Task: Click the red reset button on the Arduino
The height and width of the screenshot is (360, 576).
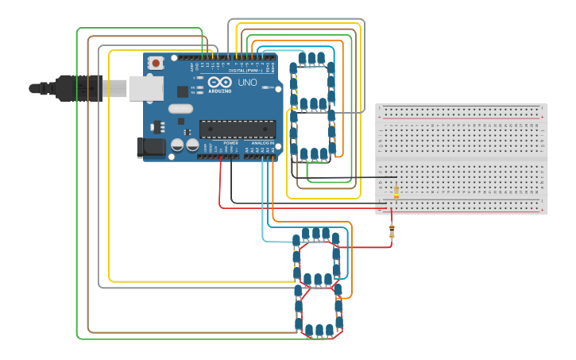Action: pyautogui.click(x=157, y=63)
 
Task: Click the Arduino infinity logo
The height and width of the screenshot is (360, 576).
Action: pyautogui.click(x=220, y=82)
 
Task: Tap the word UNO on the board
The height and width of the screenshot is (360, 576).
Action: pyautogui.click(x=247, y=82)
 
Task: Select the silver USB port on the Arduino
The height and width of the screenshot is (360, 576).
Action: pyautogui.click(x=146, y=88)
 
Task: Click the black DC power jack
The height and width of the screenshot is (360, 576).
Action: pyautogui.click(x=151, y=147)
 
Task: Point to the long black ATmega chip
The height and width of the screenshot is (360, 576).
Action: pyautogui.click(x=237, y=128)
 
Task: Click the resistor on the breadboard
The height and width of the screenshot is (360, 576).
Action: pyautogui.click(x=396, y=191)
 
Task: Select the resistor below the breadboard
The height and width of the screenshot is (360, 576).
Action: pyautogui.click(x=392, y=230)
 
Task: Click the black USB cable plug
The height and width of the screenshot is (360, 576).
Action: pyautogui.click(x=75, y=87)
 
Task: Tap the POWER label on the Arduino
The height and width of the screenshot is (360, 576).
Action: pyautogui.click(x=230, y=143)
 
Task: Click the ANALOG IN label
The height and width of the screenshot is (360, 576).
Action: pyautogui.click(x=262, y=143)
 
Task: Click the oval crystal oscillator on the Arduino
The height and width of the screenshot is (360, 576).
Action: pyautogui.click(x=180, y=109)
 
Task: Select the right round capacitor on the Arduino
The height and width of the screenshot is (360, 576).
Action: pyautogui.click(x=192, y=145)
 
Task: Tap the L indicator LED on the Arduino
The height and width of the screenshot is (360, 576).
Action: pyautogui.click(x=196, y=78)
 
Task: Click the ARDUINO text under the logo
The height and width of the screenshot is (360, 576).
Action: pyautogui.click(x=220, y=91)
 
